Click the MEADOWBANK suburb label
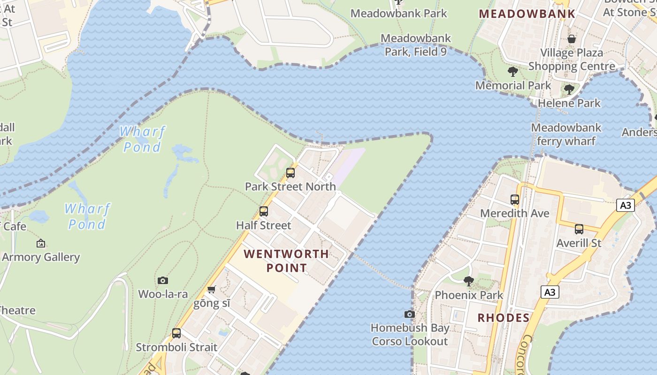pyautogui.click(x=527, y=14)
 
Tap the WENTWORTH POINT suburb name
pyautogui.click(x=286, y=261)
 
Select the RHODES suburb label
pyautogui.click(x=504, y=318)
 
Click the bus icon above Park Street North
pyautogui.click(x=290, y=173)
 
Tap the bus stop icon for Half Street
pyautogui.click(x=264, y=211)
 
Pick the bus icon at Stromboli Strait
pyautogui.click(x=176, y=333)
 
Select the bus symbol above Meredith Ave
pyautogui.click(x=515, y=200)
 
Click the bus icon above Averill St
pyautogui.click(x=579, y=229)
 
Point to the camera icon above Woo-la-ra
pyautogui.click(x=163, y=280)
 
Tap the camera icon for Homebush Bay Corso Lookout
pyautogui.click(x=410, y=314)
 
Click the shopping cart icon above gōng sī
pyautogui.click(x=212, y=289)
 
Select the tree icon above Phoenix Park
pyautogui.click(x=468, y=281)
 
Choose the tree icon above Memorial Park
pyautogui.click(x=513, y=72)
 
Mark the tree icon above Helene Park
pyautogui.click(x=569, y=89)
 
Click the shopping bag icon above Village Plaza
pyautogui.click(x=572, y=39)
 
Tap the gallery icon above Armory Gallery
pyautogui.click(x=41, y=243)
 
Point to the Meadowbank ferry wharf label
pyautogui.click(x=566, y=135)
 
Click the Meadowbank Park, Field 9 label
pyautogui.click(x=416, y=45)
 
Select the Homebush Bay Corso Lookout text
pyautogui.click(x=410, y=335)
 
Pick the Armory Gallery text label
pyautogui.click(x=41, y=257)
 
